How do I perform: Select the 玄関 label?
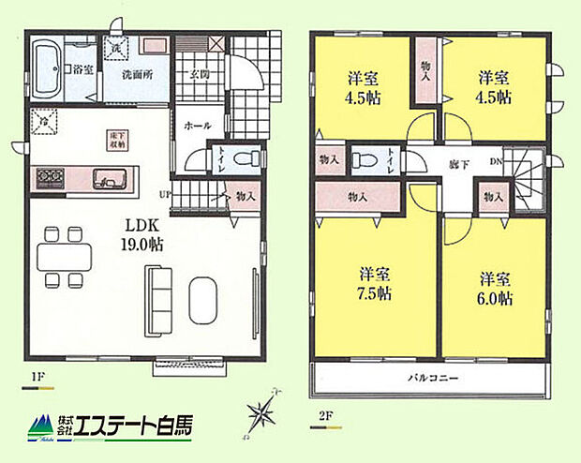pos(197,75)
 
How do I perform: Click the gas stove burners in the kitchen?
pos(47,176)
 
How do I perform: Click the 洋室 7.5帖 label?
pos(375,282)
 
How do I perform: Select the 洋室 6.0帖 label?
pos(495,288)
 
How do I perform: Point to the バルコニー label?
pos(431,380)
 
